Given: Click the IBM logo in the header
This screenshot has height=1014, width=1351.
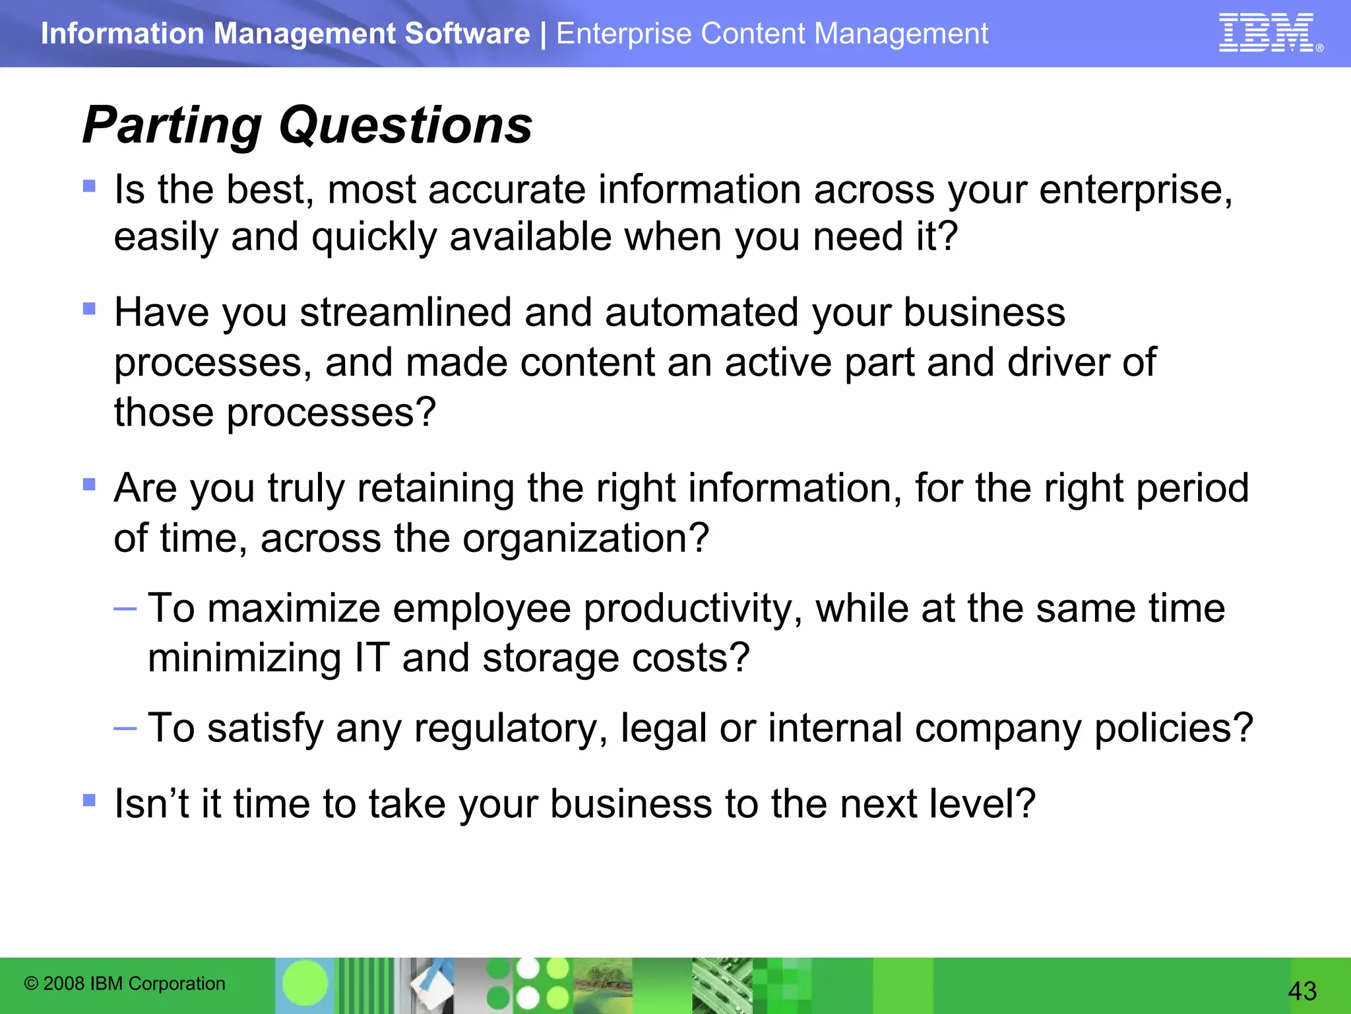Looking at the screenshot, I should tap(1267, 33).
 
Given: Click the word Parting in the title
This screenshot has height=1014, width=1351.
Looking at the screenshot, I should tap(172, 125).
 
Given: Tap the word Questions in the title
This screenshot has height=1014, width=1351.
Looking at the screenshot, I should tap(405, 125).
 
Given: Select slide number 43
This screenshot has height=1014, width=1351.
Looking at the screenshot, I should tap(1302, 991).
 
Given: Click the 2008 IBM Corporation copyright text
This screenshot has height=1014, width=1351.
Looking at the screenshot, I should tap(125, 984).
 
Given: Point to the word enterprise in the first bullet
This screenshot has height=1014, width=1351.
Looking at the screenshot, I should tap(1135, 191).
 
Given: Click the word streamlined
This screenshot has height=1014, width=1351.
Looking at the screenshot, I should tap(405, 312).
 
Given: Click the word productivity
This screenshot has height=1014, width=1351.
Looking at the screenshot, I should tap(693, 608).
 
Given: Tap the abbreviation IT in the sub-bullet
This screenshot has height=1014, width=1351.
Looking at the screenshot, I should tap(371, 658).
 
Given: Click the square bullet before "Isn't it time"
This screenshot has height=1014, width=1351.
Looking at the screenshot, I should tap(89, 801).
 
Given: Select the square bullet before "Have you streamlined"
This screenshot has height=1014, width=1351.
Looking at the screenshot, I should tap(89, 308).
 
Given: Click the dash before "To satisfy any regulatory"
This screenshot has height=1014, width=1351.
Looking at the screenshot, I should tap(125, 729).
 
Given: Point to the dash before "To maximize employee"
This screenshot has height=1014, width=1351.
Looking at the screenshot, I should tap(125, 608).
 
